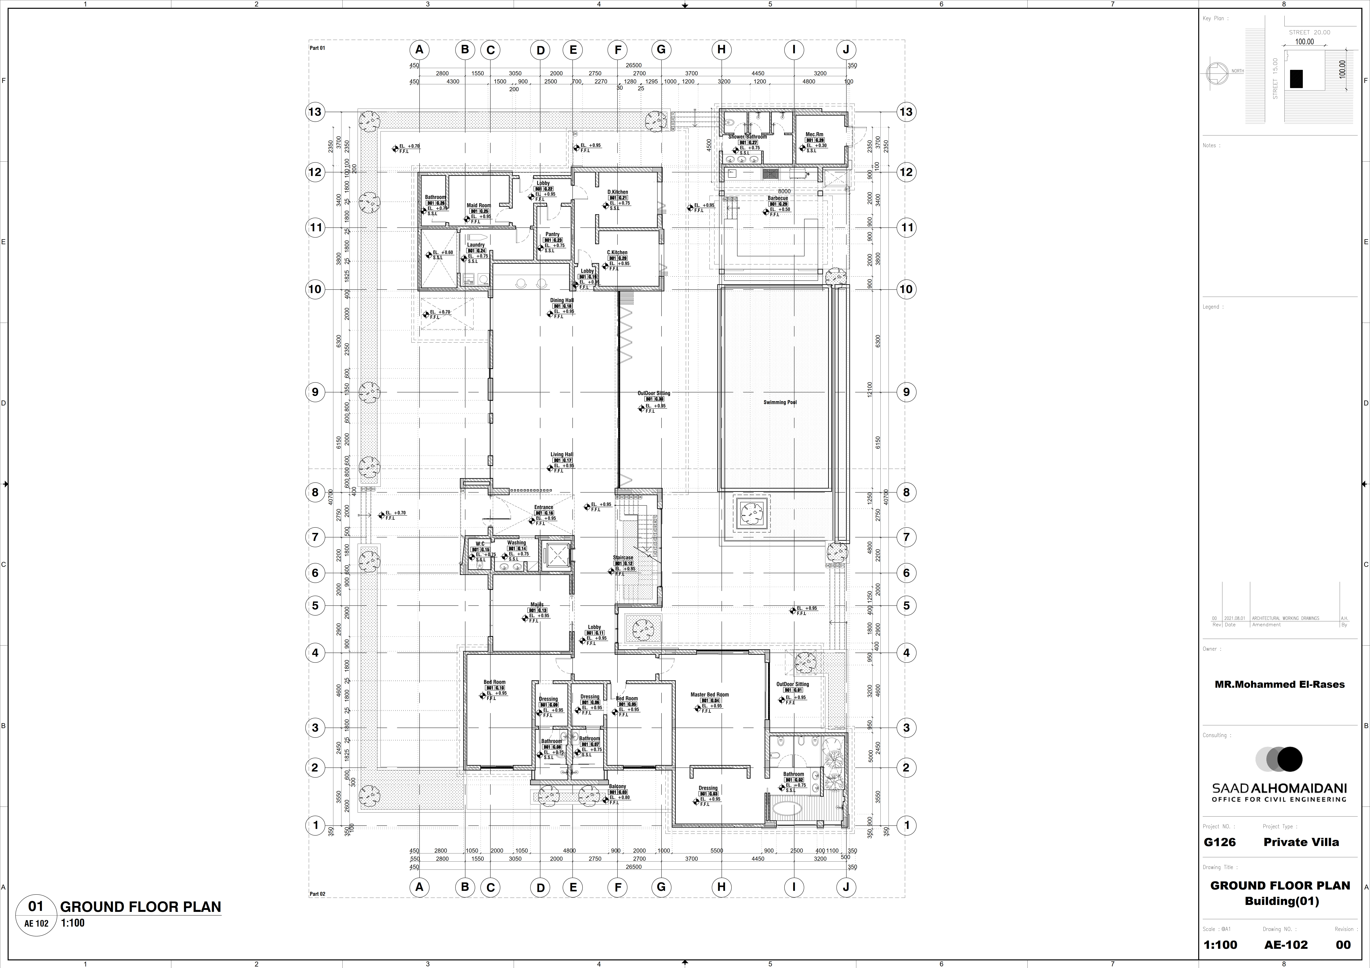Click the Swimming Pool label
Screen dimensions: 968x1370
click(x=779, y=402)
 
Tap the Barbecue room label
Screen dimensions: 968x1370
click(x=778, y=198)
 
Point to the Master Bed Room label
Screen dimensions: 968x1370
click(x=709, y=695)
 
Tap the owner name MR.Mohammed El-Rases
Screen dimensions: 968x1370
click(x=1279, y=685)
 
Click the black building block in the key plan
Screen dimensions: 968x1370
click(x=1296, y=79)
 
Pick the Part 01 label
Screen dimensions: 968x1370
click(x=317, y=48)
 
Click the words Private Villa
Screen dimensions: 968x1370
click(x=1301, y=842)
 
